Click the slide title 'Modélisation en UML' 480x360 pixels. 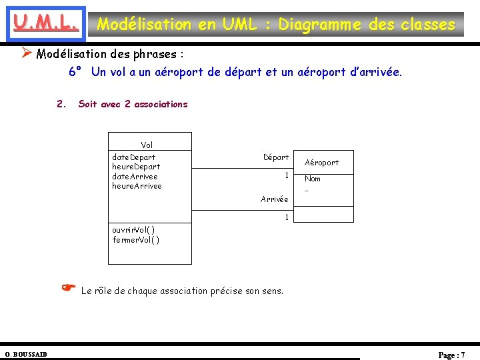coord(276,25)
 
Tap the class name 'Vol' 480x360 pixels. coord(147,145)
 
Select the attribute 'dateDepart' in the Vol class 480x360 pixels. coord(134,157)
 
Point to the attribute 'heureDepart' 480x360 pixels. coord(136,167)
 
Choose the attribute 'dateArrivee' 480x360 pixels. coord(135,176)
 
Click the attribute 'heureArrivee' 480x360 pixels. coord(137,186)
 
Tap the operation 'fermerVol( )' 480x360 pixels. coord(135,240)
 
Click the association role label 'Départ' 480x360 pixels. coord(276,157)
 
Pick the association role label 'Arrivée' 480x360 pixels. coord(275,199)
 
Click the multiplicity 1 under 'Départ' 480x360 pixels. coord(286,175)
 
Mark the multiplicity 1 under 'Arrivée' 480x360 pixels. coord(286,217)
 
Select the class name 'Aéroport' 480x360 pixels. coord(321,162)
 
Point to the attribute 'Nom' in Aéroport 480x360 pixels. coord(313,179)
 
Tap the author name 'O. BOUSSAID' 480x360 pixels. coord(26,353)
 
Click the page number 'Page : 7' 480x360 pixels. coord(451,355)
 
